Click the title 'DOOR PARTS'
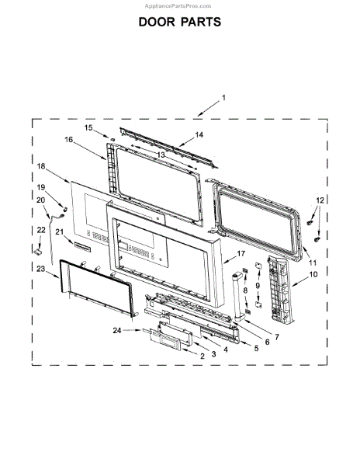[x=179, y=22]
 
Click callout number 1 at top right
[x=223, y=98]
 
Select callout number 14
[x=199, y=134]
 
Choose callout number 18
[x=41, y=166]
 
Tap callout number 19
[x=41, y=188]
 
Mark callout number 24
[x=117, y=331]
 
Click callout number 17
[x=241, y=254]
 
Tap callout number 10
[x=313, y=274]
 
